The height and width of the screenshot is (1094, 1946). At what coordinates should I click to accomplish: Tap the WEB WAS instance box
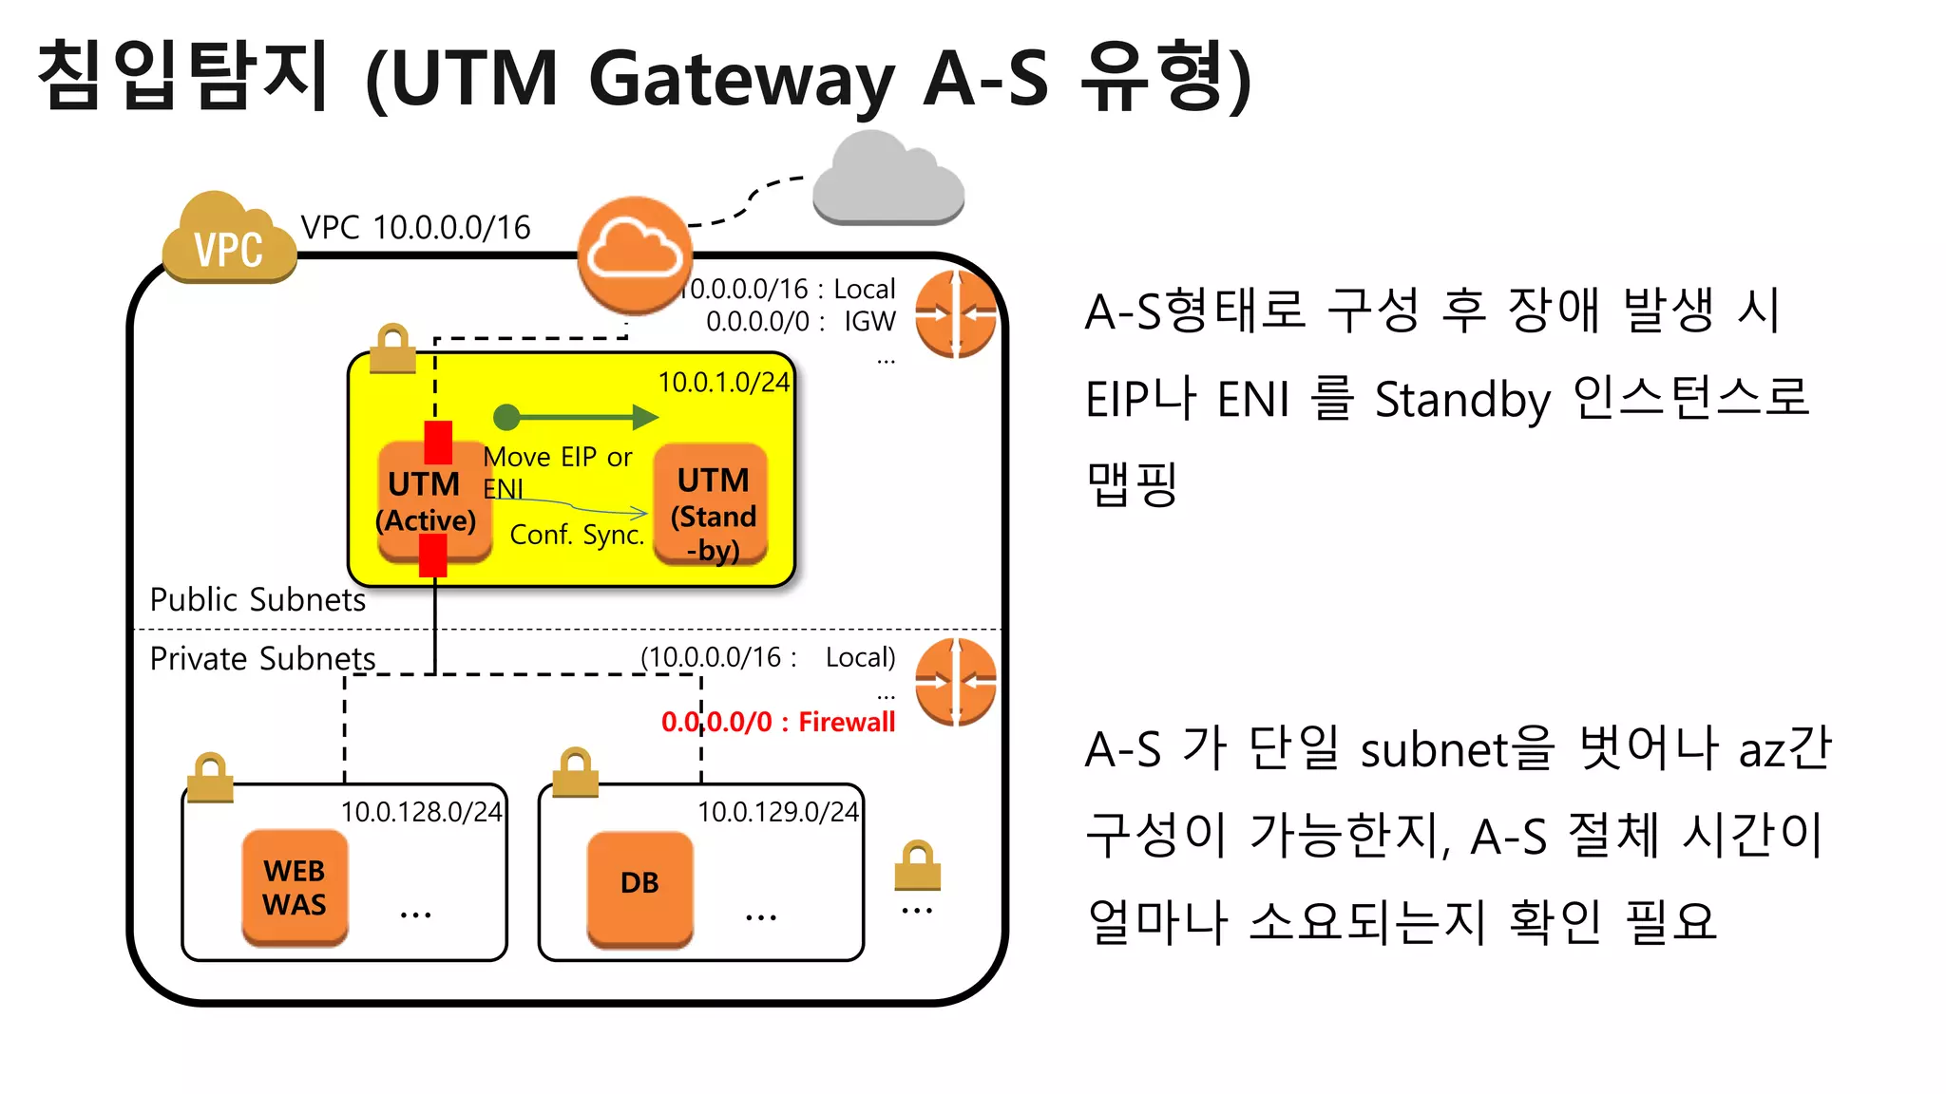(x=295, y=888)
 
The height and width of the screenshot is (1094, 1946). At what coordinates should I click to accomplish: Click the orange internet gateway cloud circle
(x=635, y=255)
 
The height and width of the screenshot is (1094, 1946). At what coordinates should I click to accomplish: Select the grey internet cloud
(x=888, y=180)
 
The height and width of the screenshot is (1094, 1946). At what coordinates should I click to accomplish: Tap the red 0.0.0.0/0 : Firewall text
(x=778, y=722)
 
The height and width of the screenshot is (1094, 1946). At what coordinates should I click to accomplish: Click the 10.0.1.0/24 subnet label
(x=724, y=382)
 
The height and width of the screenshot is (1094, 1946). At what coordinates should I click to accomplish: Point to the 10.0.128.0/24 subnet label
(x=421, y=812)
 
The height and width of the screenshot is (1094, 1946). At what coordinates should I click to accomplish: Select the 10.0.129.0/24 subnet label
(x=778, y=812)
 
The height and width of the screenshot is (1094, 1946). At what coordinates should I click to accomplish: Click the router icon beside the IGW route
(x=956, y=313)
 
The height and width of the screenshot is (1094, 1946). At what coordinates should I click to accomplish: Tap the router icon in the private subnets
(x=956, y=682)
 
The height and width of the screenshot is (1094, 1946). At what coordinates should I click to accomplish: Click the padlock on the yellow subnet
(x=392, y=349)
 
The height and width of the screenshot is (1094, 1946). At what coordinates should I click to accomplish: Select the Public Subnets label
(x=258, y=599)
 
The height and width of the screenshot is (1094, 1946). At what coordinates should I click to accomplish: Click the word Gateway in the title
(x=742, y=78)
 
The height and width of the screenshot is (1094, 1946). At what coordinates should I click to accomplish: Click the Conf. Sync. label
(x=577, y=535)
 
